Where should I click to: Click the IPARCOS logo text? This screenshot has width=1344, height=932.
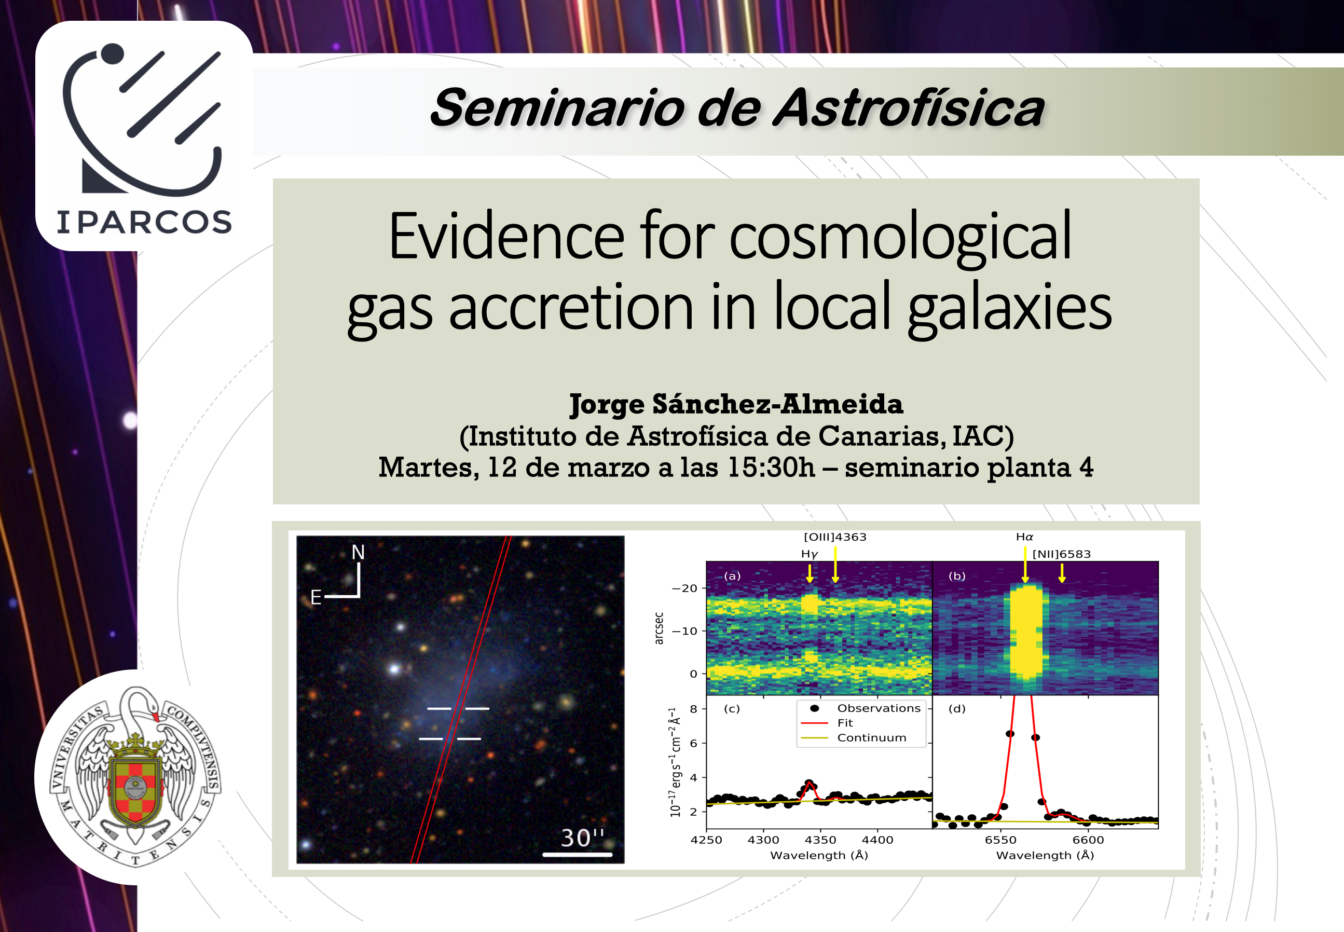144,223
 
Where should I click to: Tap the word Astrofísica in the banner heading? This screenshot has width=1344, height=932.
909,108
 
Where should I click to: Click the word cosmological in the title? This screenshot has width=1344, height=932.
900,238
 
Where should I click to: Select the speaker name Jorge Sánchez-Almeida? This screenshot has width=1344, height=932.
736,404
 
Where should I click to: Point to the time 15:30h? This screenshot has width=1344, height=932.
771,467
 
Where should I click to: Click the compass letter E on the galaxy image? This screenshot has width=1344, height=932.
316,597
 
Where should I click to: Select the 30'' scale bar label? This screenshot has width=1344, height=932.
582,838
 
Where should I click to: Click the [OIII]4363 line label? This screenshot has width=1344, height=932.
835,537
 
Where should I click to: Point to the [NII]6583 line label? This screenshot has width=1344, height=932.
1061,554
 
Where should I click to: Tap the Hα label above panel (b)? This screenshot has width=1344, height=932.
1024,537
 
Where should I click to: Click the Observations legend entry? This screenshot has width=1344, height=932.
879,708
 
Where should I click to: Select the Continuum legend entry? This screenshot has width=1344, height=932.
872,737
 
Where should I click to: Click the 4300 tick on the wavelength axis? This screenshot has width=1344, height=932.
763,840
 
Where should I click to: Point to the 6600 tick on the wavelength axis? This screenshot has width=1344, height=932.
1088,840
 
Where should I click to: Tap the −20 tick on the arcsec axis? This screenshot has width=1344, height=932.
685,588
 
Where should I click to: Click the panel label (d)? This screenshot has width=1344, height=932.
957,709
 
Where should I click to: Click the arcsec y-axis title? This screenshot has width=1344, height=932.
659,628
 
